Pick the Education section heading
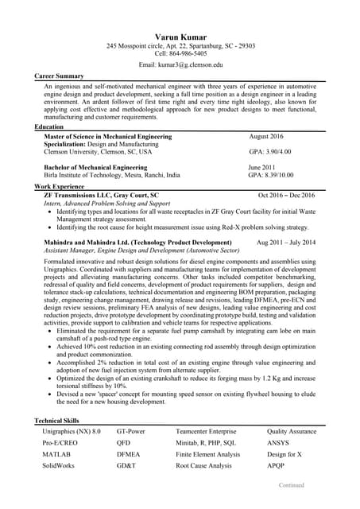tap(50, 127)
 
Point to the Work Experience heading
tap(60, 185)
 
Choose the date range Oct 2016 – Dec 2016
tap(286, 195)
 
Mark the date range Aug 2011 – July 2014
tap(285, 242)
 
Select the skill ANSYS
tap(278, 442)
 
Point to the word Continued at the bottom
tap(292, 484)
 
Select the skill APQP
tap(276, 465)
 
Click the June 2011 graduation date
tap(262, 168)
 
